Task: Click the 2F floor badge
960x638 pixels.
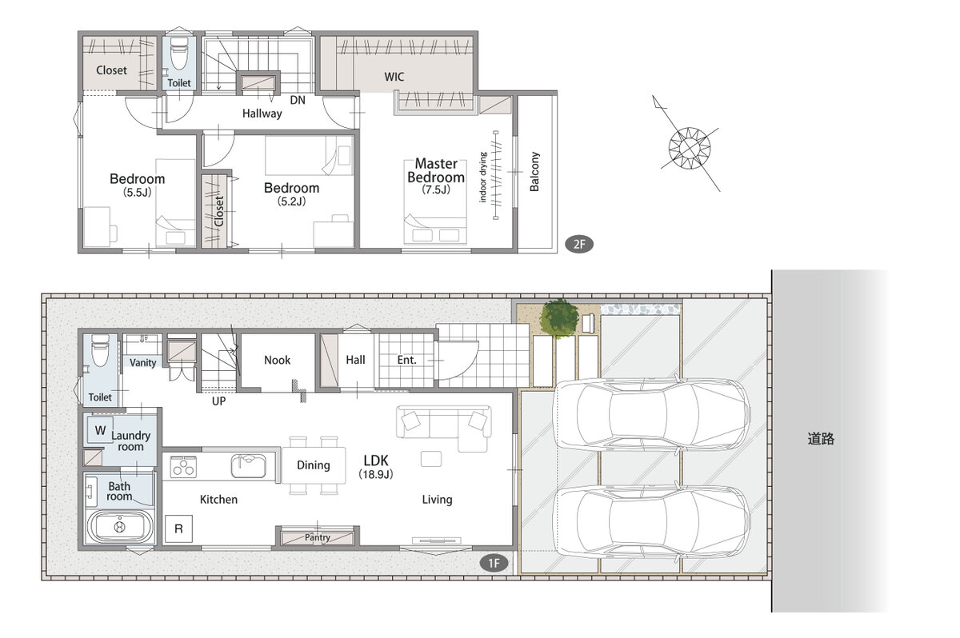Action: click(579, 244)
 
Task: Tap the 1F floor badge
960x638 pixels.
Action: click(494, 563)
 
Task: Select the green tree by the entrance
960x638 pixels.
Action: click(558, 317)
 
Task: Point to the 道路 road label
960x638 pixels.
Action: click(821, 439)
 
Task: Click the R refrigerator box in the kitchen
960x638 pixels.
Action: click(178, 528)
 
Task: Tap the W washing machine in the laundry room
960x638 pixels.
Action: click(100, 430)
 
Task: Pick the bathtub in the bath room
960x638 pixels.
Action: click(120, 526)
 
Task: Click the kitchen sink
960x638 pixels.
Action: click(248, 466)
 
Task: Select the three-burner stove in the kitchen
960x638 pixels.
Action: click(183, 467)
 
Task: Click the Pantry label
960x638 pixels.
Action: click(317, 537)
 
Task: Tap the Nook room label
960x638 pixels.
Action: click(278, 360)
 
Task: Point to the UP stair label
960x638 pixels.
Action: click(218, 401)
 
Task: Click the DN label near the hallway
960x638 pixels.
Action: click(298, 100)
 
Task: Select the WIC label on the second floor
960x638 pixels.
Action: click(394, 77)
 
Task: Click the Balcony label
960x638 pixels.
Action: click(534, 171)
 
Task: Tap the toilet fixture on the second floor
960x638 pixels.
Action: click(178, 54)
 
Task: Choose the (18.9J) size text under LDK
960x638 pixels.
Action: click(376, 474)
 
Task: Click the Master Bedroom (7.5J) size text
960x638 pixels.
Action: click(436, 189)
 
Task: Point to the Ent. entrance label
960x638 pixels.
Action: click(406, 360)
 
